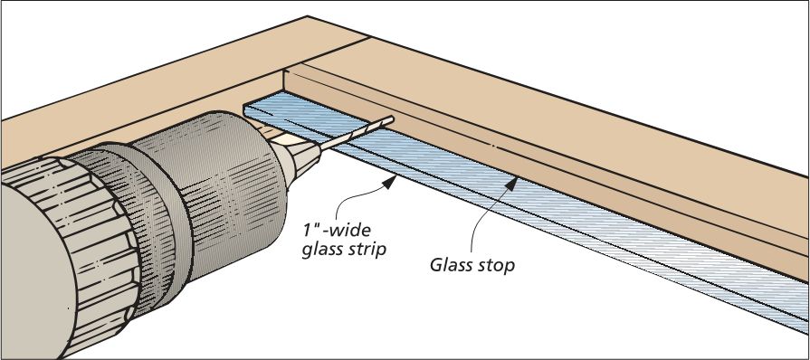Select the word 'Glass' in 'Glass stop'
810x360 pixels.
coord(451,267)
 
